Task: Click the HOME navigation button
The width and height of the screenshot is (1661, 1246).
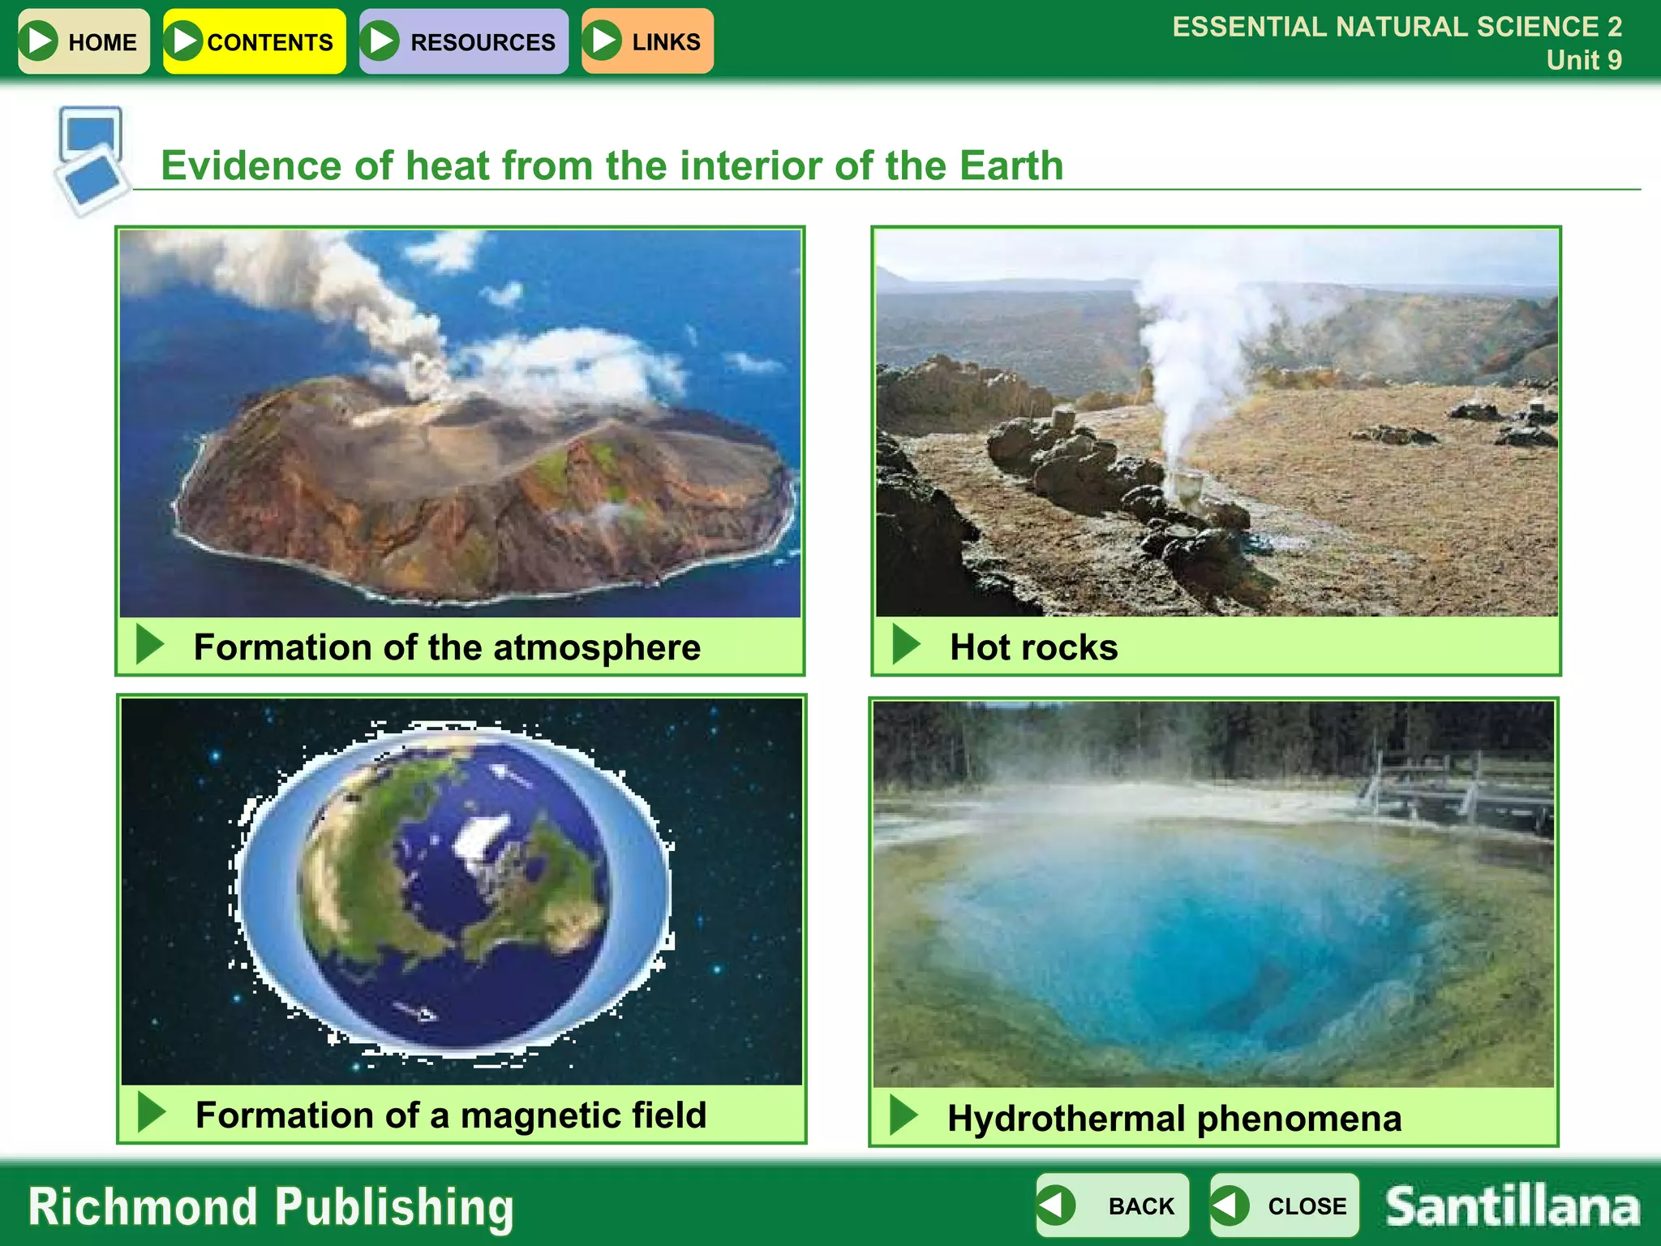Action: [x=84, y=41]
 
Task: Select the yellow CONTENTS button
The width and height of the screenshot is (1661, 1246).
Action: [x=254, y=41]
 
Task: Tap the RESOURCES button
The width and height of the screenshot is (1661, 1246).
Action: [x=463, y=41]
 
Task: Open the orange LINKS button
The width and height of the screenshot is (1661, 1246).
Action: [x=647, y=41]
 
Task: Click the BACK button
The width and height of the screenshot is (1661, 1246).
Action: [x=1112, y=1205]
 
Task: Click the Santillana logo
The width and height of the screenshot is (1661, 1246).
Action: [x=1512, y=1205]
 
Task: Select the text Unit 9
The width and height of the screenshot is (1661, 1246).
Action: [x=1583, y=60]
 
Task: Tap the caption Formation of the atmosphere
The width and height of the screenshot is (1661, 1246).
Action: [x=447, y=647]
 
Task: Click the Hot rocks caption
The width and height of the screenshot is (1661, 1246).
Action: [x=1033, y=647]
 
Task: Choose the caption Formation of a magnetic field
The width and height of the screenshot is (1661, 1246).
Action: [x=451, y=1115]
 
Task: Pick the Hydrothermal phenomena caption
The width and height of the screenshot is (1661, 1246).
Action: [x=1174, y=1119]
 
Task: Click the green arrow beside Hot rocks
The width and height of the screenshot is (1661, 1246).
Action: [x=906, y=644]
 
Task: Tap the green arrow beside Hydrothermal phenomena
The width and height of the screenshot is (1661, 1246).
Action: [x=903, y=1115]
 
